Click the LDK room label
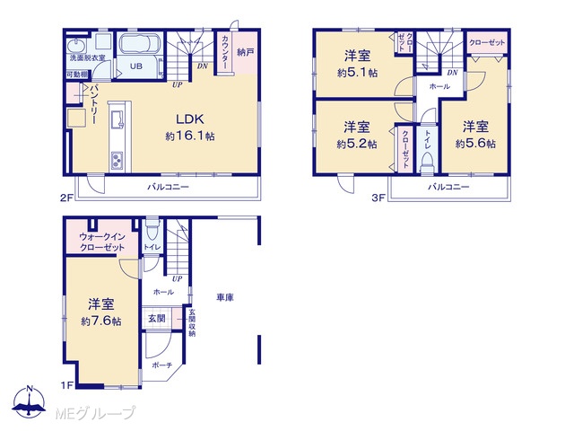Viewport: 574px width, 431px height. click(190, 119)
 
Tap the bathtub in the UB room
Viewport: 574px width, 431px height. click(140, 44)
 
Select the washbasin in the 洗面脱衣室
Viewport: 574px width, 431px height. click(76, 46)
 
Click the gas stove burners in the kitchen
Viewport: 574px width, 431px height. click(117, 161)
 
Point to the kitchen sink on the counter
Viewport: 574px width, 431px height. click(117, 119)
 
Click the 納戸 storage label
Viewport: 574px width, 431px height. click(245, 52)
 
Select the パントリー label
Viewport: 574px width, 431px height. click(93, 103)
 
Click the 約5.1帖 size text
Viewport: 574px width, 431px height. click(357, 73)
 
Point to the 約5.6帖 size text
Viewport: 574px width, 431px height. click(475, 144)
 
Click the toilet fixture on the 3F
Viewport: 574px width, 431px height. click(427, 162)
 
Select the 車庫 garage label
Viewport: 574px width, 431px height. click(225, 297)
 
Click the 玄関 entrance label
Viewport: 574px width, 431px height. click(157, 318)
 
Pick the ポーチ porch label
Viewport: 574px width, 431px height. click(161, 365)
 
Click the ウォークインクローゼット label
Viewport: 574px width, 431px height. click(102, 242)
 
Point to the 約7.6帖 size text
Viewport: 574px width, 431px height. click(101, 321)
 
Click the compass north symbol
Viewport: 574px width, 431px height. click(30, 402)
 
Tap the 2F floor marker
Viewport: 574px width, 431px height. click(66, 198)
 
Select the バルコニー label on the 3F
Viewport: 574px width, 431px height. click(448, 187)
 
